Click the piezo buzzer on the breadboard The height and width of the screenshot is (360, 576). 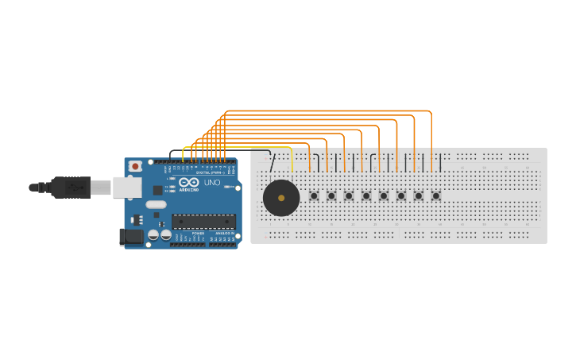coord(281,198)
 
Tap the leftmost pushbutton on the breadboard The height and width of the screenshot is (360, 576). coord(314,195)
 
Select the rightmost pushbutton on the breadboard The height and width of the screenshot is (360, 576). coord(435,195)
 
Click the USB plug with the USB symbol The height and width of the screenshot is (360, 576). coord(71,188)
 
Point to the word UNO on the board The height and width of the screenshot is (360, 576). coord(212,183)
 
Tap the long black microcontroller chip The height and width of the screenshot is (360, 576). coord(203,222)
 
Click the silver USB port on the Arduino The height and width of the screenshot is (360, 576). coord(126,187)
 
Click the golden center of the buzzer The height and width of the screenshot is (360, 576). coord(281,198)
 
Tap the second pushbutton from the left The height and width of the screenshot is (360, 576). coord(331,195)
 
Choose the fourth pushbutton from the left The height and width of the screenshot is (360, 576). coord(366,195)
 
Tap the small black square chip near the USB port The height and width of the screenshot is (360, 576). coord(157,190)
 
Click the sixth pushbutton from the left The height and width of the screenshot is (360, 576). coord(401,195)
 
